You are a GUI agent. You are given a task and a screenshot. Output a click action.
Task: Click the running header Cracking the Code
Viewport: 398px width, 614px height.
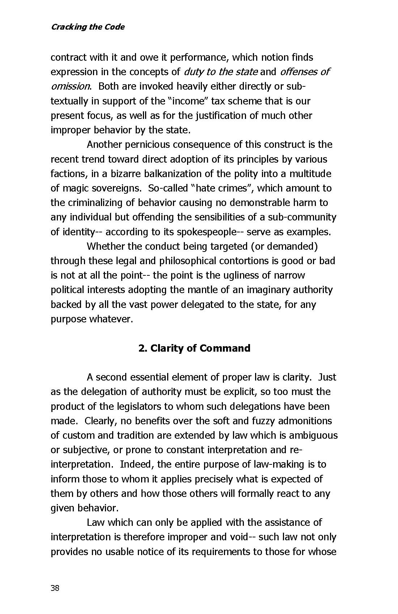pos(88,27)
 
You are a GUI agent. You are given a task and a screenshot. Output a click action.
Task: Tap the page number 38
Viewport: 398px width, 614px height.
pos(55,588)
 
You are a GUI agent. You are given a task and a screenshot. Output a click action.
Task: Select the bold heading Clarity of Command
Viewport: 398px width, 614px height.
pos(194,348)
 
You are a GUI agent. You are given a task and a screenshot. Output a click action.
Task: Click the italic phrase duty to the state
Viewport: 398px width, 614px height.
pos(221,72)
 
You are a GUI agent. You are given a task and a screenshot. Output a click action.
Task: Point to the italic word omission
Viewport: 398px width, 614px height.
pos(70,86)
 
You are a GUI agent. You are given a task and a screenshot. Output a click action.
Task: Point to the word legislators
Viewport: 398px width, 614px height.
pos(139,407)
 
